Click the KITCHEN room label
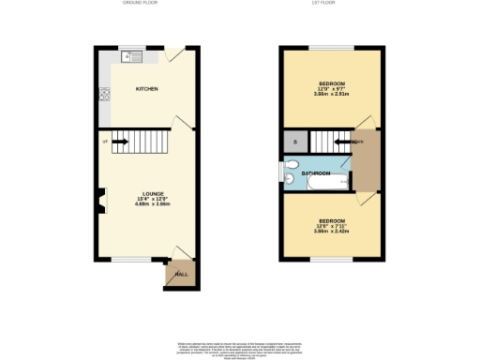click(146, 89)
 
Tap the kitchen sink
click(131, 57)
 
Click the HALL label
click(181, 275)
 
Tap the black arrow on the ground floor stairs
click(119, 142)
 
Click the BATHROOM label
click(316, 173)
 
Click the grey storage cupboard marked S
click(294, 142)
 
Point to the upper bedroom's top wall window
click(332, 47)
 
